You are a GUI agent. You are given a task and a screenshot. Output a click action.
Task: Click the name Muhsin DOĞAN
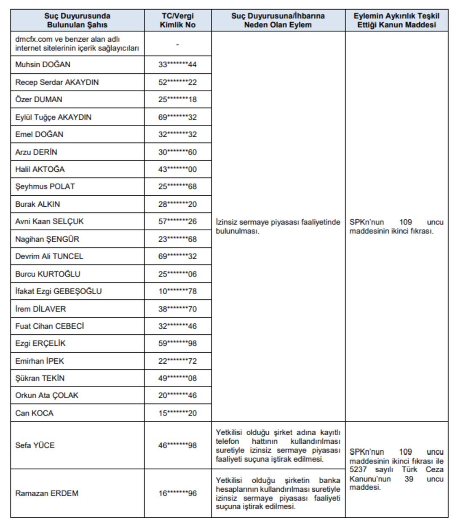tap(43, 65)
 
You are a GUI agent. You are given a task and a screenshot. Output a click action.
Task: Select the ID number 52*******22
tap(177, 83)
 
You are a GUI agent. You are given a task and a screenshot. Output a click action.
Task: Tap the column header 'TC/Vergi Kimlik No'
tap(177, 20)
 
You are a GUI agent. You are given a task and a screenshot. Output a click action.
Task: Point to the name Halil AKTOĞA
tap(40, 169)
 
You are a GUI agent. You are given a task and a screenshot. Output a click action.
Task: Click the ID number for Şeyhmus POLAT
tap(177, 186)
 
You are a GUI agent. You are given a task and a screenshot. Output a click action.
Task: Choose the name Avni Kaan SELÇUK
tap(49, 221)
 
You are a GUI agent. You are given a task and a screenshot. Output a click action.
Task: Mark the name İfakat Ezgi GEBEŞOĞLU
tap(58, 291)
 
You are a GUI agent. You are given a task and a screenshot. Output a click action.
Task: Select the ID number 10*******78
tap(177, 291)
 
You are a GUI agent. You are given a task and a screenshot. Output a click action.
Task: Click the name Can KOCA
tap(34, 413)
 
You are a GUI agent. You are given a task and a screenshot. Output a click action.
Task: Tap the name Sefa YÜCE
tap(35, 445)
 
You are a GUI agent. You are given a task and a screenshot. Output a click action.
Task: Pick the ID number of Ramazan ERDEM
tap(177, 493)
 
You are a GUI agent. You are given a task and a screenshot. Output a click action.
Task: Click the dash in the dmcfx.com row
tap(177, 44)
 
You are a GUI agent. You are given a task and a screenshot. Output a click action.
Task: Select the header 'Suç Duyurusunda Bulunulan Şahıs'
tap(77, 20)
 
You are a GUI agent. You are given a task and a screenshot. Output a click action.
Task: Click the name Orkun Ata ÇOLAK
tap(47, 396)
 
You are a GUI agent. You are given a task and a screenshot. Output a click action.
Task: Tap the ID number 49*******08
tap(177, 378)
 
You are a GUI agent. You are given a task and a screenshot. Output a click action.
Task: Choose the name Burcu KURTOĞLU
tap(48, 274)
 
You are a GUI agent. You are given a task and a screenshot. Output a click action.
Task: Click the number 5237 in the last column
tap(358, 470)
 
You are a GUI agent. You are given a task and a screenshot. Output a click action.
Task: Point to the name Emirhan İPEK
tap(40, 361)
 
